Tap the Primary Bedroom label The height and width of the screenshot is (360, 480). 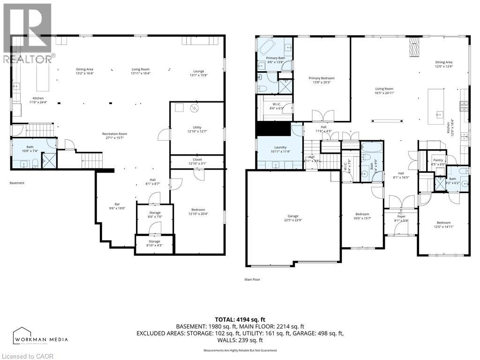coord(322,78)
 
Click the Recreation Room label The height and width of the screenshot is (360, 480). coord(115,134)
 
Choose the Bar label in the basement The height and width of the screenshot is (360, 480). coord(118,204)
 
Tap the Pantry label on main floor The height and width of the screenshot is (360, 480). coord(438,160)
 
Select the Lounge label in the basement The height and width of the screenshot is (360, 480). coord(199,71)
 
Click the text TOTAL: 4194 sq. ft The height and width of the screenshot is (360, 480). coord(240,318)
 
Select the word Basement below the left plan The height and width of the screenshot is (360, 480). coord(17,183)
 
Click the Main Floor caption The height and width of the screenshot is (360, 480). coord(252,279)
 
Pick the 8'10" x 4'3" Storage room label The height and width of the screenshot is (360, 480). coord(154,241)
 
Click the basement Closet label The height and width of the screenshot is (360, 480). coord(197,159)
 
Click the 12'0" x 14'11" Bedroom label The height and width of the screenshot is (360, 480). coord(443,223)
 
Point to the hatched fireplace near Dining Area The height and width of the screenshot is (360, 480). coord(413,47)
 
